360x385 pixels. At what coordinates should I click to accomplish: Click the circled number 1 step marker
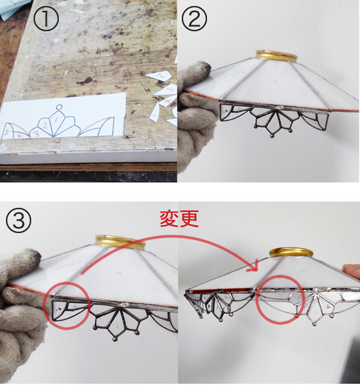46,19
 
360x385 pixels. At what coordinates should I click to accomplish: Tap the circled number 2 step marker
194,19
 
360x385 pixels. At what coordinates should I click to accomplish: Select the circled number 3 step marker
19,220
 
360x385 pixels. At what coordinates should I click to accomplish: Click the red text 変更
179,219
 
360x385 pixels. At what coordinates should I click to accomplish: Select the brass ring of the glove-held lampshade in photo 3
120,243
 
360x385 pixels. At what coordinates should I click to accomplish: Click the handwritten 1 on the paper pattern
56,120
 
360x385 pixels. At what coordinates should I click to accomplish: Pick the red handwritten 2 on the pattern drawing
45,125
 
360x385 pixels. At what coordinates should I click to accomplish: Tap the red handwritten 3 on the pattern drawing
36,134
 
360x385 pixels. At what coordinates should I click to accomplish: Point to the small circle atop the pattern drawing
59,107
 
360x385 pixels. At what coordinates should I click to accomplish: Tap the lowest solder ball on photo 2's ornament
272,135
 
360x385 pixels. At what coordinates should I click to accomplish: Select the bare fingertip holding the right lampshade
351,270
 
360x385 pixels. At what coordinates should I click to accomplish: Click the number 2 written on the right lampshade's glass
329,306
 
